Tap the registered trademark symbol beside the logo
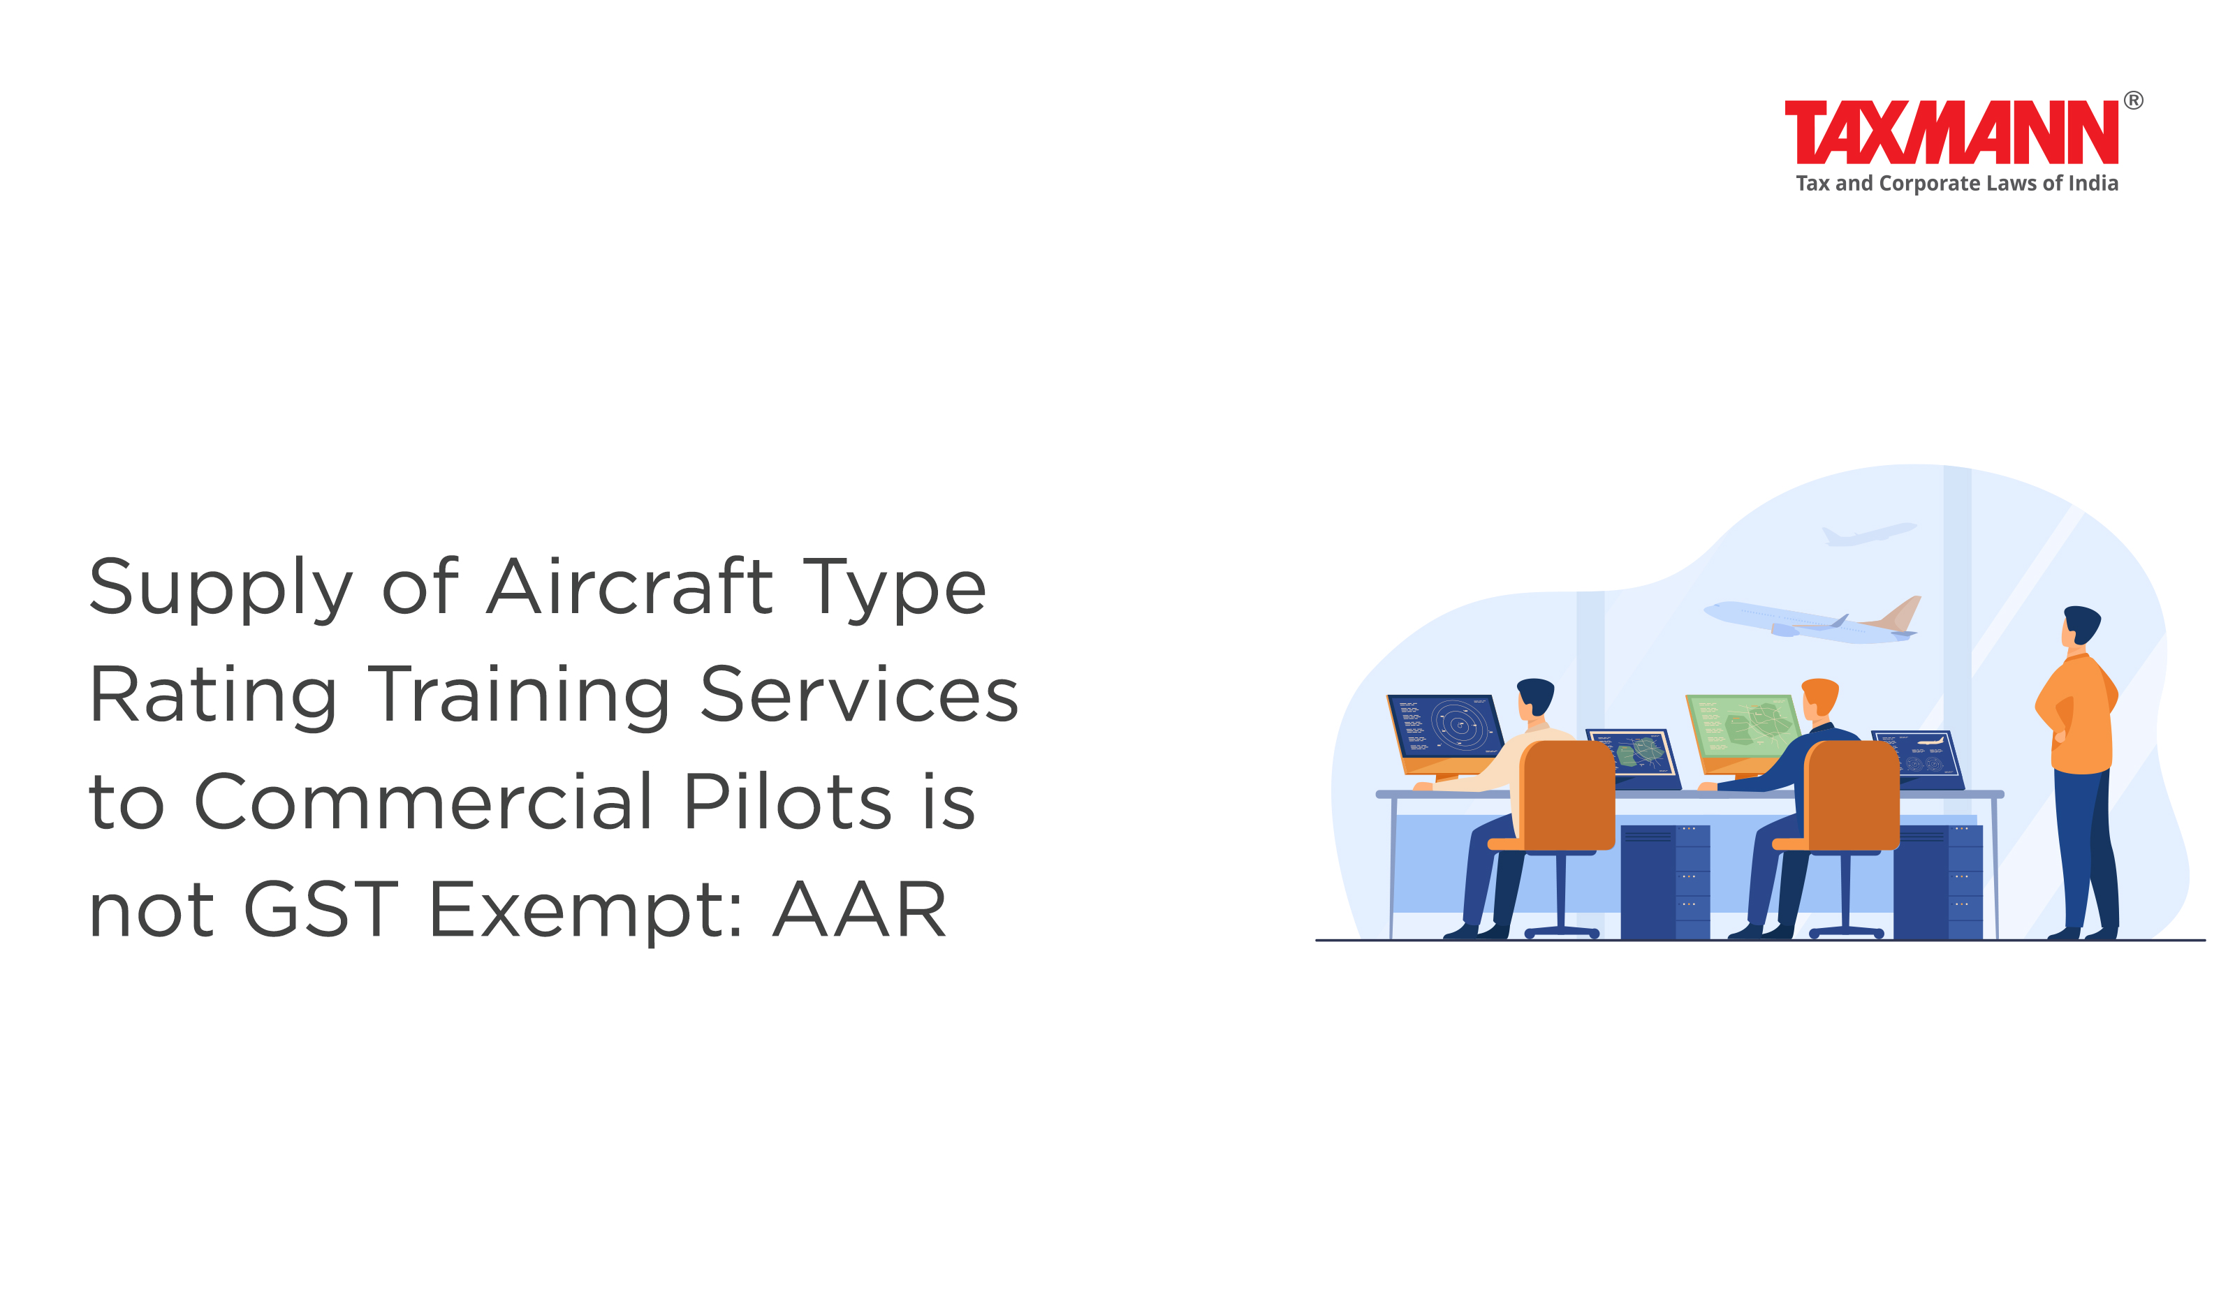(x=2134, y=101)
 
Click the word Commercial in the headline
(x=424, y=801)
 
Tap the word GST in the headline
(x=320, y=908)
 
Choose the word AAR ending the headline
(x=859, y=909)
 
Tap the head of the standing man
(x=2080, y=625)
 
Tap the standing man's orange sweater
(x=2081, y=714)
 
